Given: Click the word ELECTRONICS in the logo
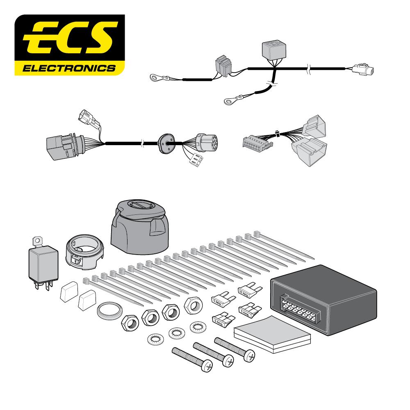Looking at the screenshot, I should (69, 67).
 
